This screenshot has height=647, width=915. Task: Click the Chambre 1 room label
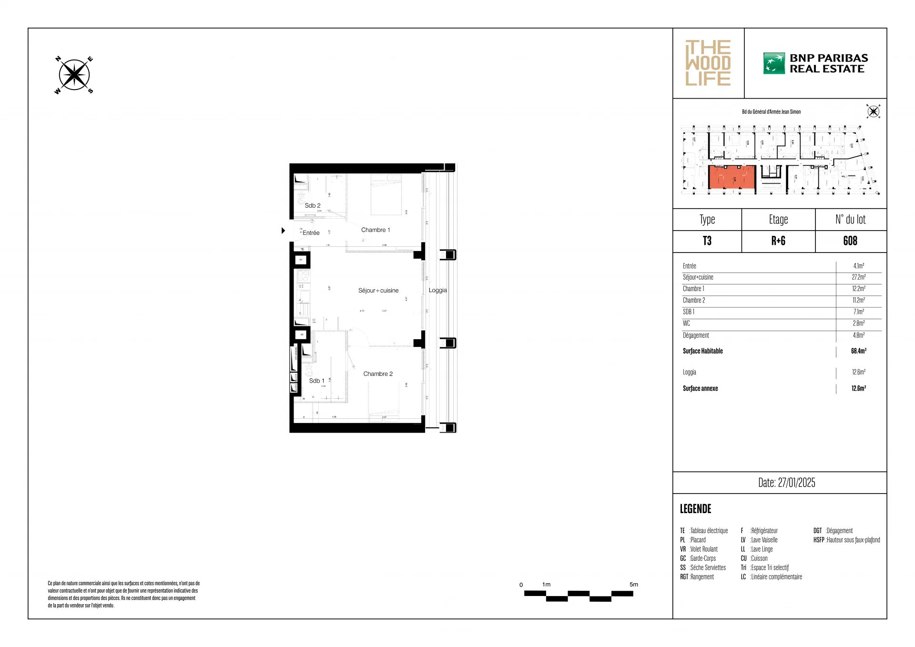[x=376, y=230]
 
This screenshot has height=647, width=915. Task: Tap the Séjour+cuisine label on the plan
[x=378, y=291]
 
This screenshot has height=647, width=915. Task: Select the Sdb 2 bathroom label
[x=313, y=206]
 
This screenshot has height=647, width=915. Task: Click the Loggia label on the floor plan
[x=437, y=290]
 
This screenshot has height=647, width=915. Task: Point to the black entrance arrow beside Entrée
[x=283, y=231]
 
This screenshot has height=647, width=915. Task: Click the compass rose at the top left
[x=74, y=75]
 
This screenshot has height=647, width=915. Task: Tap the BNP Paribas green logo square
[x=773, y=63]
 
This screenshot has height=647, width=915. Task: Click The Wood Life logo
[x=708, y=63]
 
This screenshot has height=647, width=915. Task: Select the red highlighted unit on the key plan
[x=732, y=177]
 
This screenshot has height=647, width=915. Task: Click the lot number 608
[x=850, y=241]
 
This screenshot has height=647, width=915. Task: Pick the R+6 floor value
[x=778, y=241]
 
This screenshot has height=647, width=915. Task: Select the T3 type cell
[x=707, y=241]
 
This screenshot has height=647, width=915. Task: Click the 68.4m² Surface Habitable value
[x=858, y=351]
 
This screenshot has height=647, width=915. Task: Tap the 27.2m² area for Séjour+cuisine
[x=858, y=277]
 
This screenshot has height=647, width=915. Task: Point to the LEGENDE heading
[x=695, y=509]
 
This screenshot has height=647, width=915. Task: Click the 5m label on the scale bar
[x=633, y=585]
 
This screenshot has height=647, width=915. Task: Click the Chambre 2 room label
[x=378, y=374]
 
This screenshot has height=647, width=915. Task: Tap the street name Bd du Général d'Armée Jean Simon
[x=771, y=112]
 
